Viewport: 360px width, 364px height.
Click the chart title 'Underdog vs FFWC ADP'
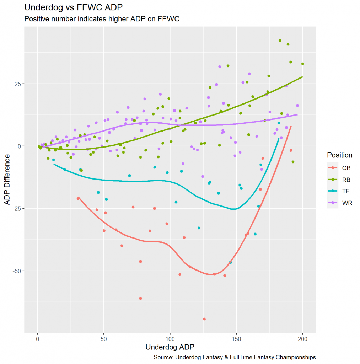[74, 7]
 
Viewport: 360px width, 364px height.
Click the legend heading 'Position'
[339, 155]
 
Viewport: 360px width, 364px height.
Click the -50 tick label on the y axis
[16, 271]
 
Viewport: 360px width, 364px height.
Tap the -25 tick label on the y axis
[16, 209]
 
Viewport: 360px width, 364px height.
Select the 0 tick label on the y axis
[19, 146]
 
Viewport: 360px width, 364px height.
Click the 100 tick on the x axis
[170, 339]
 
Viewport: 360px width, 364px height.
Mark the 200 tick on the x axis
[302, 339]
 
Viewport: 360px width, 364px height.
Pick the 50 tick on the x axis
[104, 339]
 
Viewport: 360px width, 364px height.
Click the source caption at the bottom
[235, 357]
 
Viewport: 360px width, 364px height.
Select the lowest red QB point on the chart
[204, 319]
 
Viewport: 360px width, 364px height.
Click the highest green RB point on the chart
[280, 41]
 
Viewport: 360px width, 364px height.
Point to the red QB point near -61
[140, 298]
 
